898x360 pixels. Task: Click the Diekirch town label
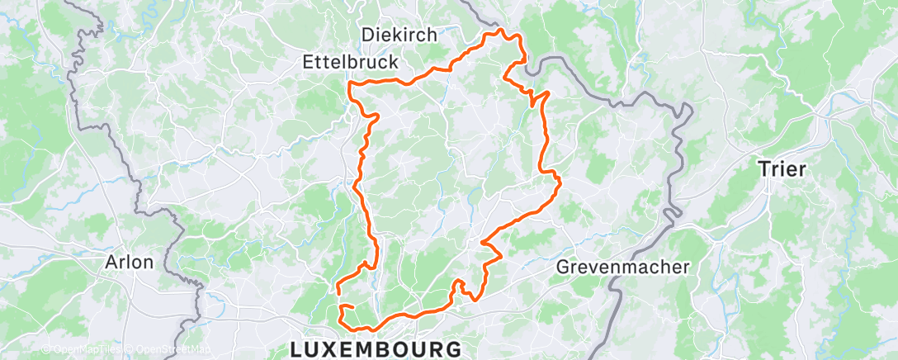click(399, 35)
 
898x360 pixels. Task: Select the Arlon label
click(130, 263)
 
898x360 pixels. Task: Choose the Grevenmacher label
click(622, 268)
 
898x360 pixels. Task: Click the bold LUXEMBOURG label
click(376, 349)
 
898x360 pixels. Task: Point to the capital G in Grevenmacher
click(563, 268)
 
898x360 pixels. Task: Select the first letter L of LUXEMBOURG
click(296, 349)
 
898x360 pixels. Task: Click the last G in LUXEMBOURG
click(453, 349)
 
